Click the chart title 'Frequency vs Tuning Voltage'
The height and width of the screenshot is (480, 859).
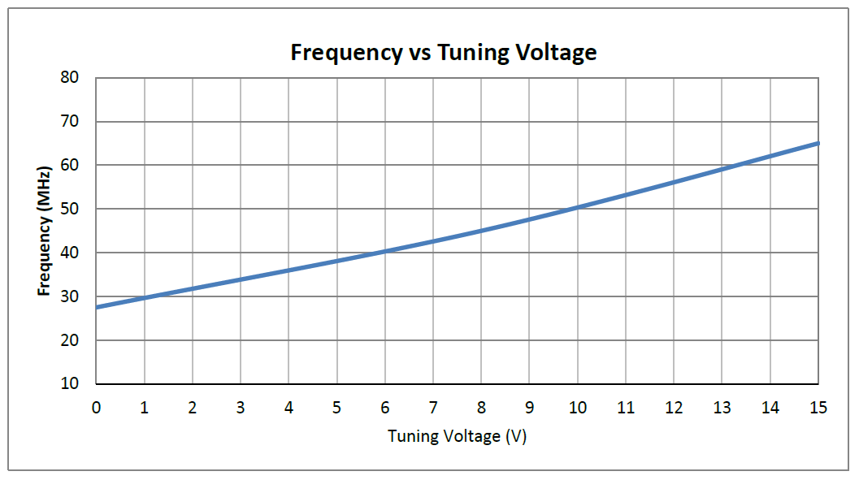444,54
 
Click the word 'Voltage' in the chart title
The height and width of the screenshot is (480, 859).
557,54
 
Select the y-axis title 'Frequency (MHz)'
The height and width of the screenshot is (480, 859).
45,231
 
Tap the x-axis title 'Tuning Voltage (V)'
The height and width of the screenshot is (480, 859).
458,436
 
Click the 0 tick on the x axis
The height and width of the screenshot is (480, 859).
97,407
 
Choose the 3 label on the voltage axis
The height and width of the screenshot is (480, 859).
241,407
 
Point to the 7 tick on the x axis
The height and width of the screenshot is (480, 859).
433,407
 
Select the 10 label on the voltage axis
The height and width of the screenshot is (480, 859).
577,407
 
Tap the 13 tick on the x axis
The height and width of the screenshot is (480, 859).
722,407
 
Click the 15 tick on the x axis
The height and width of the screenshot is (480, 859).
818,407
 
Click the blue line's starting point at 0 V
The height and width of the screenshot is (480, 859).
97,307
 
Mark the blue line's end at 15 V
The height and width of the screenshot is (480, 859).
818,143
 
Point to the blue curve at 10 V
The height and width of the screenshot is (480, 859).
577,207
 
